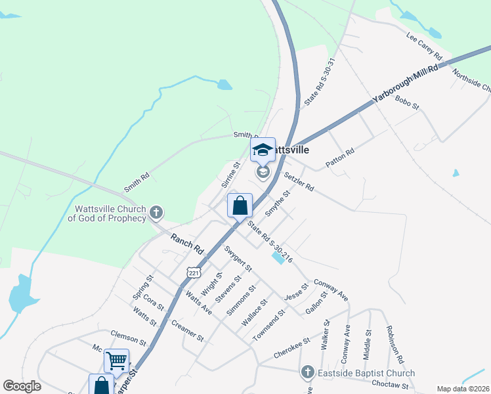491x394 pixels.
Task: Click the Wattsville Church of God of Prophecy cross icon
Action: pos(156,212)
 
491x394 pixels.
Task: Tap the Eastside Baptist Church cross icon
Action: pos(307,373)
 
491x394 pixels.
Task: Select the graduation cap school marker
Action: pos(263,150)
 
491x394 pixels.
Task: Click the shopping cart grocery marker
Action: pos(116,360)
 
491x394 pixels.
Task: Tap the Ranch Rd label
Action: pos(187,244)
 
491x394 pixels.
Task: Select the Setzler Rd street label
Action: pos(299,181)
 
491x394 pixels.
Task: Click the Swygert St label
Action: pos(238,258)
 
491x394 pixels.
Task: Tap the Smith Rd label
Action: pos(137,183)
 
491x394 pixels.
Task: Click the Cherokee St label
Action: pos(291,347)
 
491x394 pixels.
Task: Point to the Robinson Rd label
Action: pos(394,344)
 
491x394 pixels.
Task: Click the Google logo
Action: pos(22,386)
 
